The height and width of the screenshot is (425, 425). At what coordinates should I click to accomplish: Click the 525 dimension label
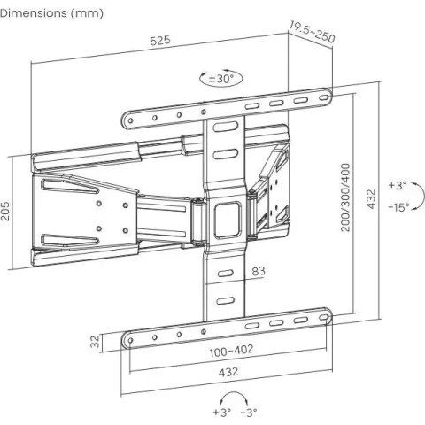160,40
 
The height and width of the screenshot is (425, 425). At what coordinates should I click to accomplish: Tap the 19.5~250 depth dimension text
312,32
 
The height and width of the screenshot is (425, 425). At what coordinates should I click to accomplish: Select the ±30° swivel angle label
221,79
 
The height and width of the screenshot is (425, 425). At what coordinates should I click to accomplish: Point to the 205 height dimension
5,212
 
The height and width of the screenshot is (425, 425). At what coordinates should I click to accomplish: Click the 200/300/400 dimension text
345,197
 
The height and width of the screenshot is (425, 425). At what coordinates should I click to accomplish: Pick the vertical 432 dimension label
371,199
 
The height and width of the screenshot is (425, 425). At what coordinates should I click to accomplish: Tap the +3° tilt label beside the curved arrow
398,185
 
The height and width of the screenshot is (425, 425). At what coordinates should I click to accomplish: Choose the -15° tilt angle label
399,207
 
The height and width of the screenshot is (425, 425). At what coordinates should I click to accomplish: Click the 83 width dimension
259,271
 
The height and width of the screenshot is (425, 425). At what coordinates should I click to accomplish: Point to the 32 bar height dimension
95,342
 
